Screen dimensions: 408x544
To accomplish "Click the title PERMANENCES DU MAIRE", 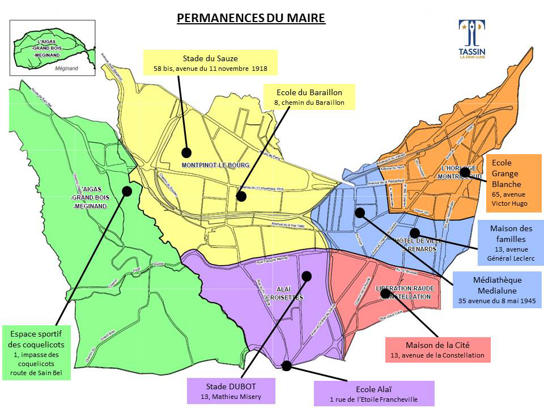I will [251, 18].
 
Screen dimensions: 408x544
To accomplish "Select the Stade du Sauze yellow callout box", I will [210, 63].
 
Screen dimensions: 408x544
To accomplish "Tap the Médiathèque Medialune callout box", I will [497, 290].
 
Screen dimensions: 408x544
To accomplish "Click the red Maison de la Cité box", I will [437, 350].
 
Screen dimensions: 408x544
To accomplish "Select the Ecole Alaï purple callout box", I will [374, 394].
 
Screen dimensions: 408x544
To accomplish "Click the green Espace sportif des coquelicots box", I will [37, 351].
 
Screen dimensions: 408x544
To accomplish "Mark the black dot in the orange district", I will [465, 172].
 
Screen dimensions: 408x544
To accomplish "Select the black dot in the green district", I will [127, 192].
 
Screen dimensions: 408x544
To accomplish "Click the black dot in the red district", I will [385, 293].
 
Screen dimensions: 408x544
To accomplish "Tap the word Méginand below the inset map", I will [67, 67].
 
